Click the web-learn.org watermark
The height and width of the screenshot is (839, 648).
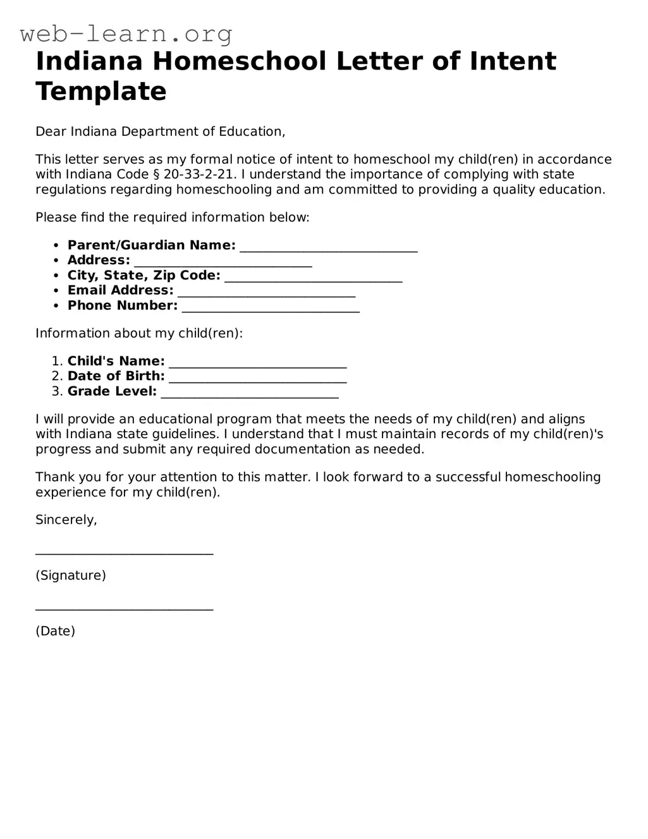click(x=126, y=34)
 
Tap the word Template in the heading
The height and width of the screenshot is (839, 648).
click(x=101, y=92)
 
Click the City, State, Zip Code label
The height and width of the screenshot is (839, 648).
click(x=144, y=276)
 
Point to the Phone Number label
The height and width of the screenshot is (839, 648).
click(x=123, y=306)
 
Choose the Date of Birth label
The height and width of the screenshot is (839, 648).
click(x=116, y=376)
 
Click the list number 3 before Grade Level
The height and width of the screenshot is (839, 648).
click(x=56, y=391)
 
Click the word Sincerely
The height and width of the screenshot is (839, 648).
click(x=66, y=520)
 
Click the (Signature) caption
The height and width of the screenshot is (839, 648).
click(x=71, y=575)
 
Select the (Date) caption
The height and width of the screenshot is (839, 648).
click(x=56, y=631)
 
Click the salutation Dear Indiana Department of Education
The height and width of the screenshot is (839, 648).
click(x=161, y=132)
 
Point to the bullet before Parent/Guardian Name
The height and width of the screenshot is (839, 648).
click(x=56, y=245)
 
